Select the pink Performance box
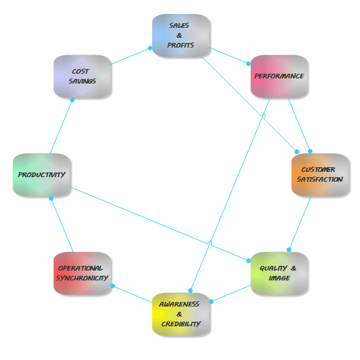pos(279,76)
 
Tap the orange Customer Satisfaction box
pos(320,175)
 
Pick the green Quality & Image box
pos(279,273)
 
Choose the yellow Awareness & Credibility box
pos(181,314)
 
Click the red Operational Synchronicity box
pos(82,273)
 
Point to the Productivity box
pos(41,175)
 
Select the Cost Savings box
pos(82,76)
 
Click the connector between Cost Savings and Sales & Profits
pos(131,56)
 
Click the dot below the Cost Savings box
pos(72,100)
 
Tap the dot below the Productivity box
pos(51,199)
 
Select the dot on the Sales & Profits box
pos(150,48)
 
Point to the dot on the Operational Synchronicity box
pos(112,286)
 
